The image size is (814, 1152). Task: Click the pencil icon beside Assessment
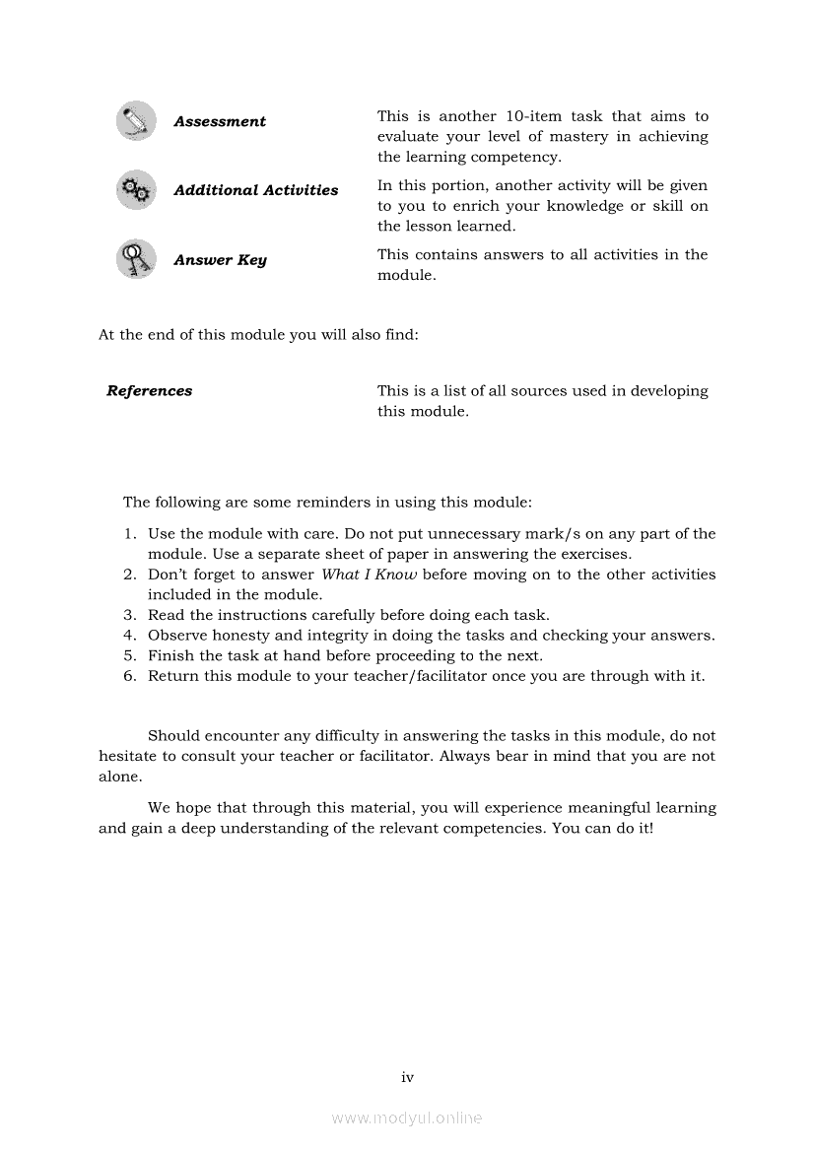click(x=135, y=121)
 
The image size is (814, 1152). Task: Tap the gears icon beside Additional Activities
click(x=135, y=190)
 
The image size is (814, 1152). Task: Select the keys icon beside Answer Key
click(x=135, y=259)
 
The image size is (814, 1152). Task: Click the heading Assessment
click(x=220, y=122)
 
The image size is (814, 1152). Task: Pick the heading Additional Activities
click(x=256, y=191)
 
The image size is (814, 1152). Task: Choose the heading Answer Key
click(x=220, y=260)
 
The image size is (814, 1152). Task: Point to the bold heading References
click(x=150, y=391)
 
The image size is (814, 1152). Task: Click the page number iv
click(x=407, y=1077)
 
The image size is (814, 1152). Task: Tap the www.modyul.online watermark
click(x=407, y=1118)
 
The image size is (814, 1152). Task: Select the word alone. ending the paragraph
click(x=120, y=777)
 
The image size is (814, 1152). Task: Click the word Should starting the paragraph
click(x=172, y=736)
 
